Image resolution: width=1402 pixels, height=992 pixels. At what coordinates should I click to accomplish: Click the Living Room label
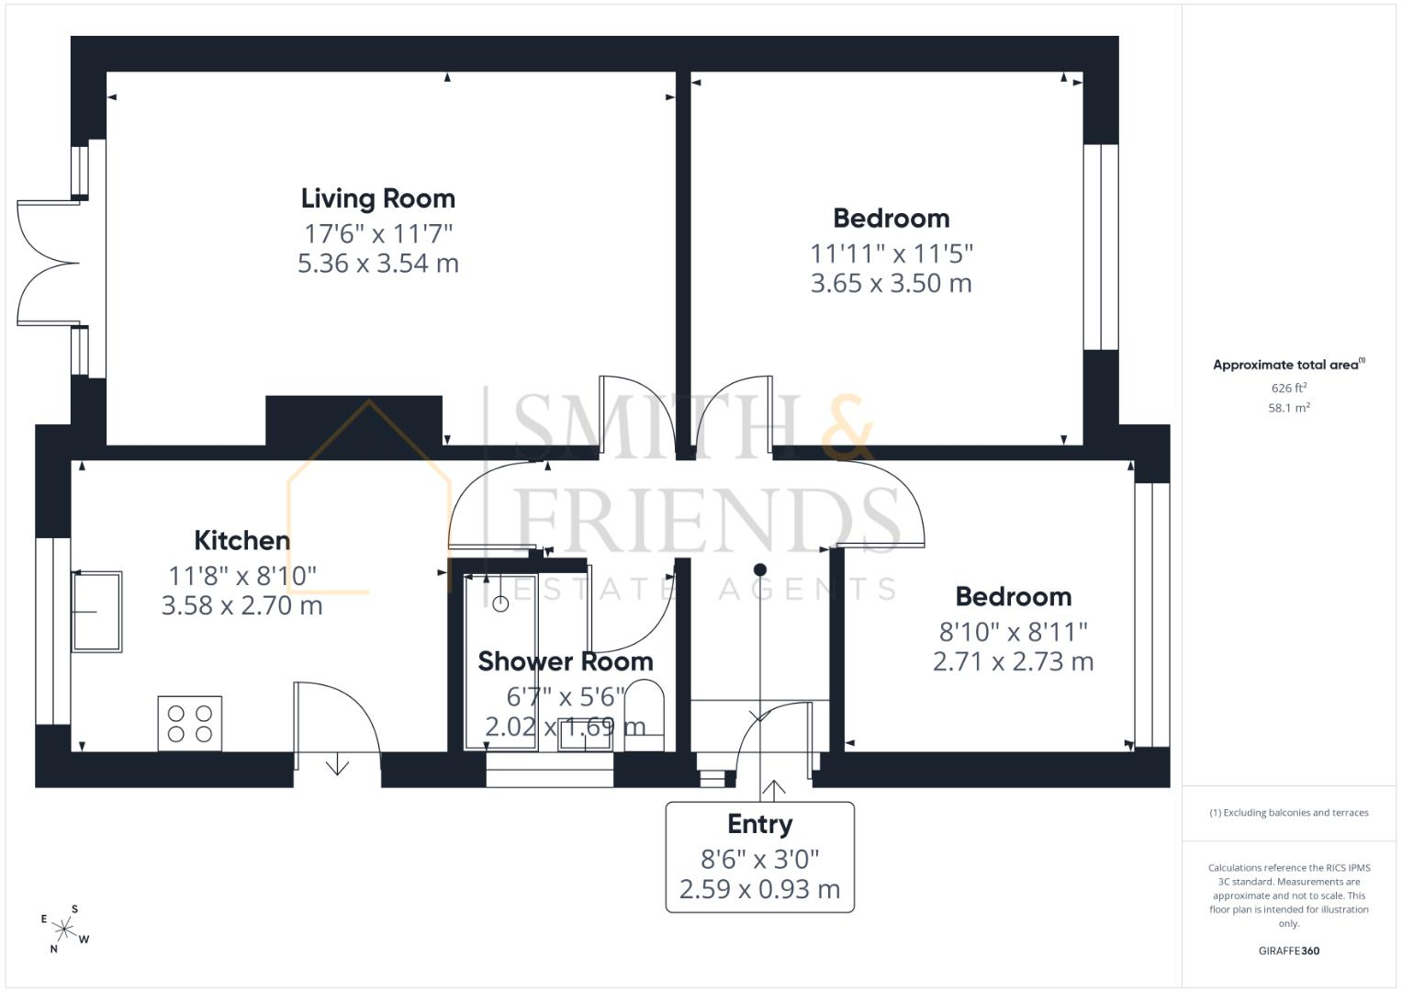coord(378,199)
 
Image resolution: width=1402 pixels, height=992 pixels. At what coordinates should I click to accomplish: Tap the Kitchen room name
coord(242,540)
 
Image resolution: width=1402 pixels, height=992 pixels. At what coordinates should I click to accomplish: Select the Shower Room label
coord(566,661)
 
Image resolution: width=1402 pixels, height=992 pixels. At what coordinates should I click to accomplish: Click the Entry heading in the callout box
coord(760,825)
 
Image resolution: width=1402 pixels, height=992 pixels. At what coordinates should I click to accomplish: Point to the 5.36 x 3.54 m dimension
coord(378,264)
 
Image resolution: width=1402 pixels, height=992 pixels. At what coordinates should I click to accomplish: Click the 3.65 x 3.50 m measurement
coord(892,284)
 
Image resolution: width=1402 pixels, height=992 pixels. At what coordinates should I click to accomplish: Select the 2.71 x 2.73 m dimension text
coord(1014,662)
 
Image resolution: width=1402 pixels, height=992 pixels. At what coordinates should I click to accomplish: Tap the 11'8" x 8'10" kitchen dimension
coord(242,576)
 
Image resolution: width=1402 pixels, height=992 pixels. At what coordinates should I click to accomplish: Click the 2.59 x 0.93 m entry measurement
coord(760,889)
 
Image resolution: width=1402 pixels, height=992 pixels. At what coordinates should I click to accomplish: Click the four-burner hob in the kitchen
coord(190,724)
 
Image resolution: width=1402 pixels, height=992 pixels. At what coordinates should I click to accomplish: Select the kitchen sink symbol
coord(96,612)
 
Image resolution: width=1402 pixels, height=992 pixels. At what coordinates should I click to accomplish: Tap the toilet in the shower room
coord(644,716)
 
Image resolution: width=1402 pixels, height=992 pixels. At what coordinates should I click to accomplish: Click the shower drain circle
coord(500,603)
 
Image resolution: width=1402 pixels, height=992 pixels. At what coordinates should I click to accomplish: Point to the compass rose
coord(64,930)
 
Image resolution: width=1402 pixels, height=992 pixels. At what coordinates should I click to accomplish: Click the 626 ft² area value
coord(1289,388)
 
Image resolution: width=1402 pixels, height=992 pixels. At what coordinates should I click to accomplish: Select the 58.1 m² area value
coord(1289,408)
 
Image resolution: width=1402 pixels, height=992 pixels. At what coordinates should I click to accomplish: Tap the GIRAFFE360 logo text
coord(1289,951)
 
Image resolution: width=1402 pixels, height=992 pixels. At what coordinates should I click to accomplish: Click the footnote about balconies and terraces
coord(1289,813)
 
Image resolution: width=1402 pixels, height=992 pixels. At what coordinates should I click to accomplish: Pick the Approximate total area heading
coord(1289,365)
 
